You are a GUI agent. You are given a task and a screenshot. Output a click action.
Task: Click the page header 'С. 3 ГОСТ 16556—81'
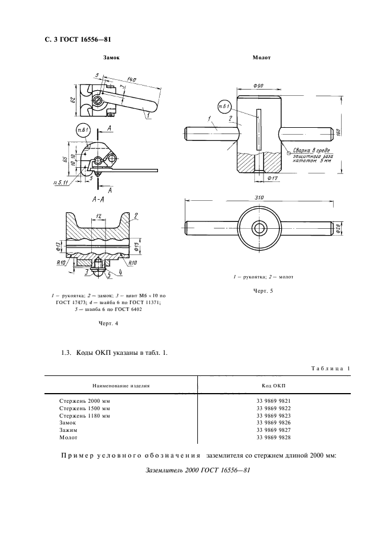74,40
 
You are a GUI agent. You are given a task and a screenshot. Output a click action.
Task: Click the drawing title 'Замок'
112,58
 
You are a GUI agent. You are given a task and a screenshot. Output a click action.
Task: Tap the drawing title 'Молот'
262,58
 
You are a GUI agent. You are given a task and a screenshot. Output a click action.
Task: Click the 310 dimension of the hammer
260,198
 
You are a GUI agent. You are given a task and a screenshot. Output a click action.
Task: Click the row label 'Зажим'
68,430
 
